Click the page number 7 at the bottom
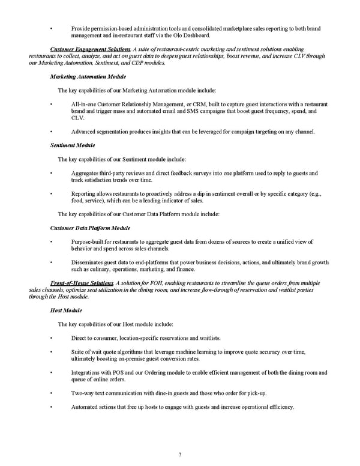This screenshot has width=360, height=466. (x=180, y=454)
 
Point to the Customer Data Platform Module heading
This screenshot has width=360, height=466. (x=90, y=228)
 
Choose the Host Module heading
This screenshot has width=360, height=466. (x=67, y=310)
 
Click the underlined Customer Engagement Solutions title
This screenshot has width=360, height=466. (x=91, y=48)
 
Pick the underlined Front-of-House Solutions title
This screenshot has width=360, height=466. (x=82, y=282)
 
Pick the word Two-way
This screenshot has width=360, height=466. (x=82, y=393)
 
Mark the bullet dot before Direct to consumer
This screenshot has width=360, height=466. (x=52, y=338)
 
